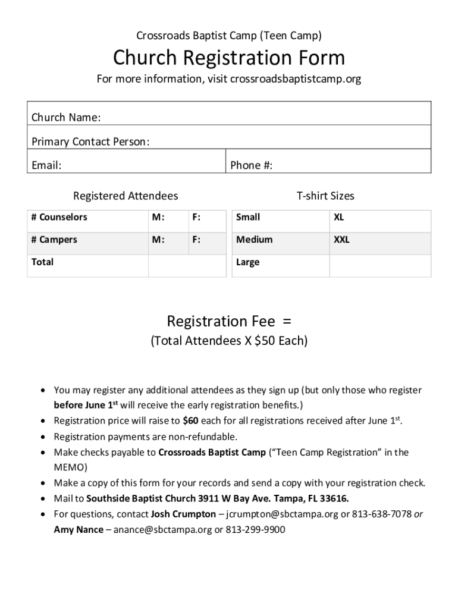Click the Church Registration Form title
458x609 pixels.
coord(229,58)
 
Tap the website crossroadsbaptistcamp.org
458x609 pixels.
coord(296,79)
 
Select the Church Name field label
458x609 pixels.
coord(66,118)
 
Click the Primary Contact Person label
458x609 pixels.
coord(90,142)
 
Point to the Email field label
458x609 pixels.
coord(46,165)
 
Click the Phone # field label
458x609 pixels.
coord(252,165)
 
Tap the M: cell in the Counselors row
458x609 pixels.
coord(158,218)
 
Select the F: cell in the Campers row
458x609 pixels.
coord(196,240)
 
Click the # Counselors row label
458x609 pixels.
coord(59,218)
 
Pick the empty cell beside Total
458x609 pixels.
coord(187,266)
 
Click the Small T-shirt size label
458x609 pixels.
coord(248,218)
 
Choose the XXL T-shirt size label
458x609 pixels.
coord(341,240)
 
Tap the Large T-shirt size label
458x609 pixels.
coord(247,262)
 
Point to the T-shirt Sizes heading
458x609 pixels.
coord(325,196)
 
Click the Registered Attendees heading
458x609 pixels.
coord(126,196)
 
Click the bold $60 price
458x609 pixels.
coord(190,421)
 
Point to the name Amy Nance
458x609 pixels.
coord(79,529)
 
